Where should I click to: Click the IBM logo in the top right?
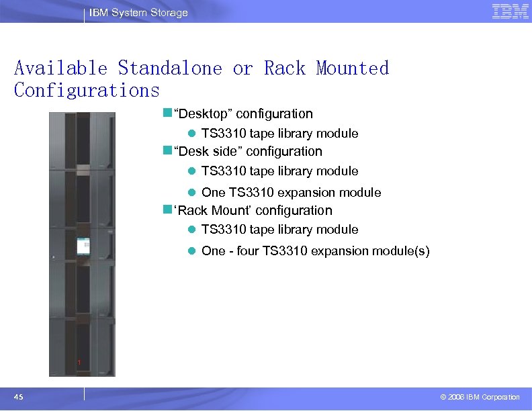coord(510,11)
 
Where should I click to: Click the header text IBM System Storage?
coord(139,13)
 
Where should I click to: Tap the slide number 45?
coord(19,398)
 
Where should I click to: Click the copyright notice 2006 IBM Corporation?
coord(480,398)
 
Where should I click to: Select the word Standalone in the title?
coord(170,68)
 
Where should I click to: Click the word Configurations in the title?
coord(87,90)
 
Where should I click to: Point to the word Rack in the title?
coord(285,68)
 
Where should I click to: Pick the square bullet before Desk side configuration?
coord(167,151)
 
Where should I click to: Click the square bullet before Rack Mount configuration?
coord(167,210)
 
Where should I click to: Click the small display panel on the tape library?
coord(84,245)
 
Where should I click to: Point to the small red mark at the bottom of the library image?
coord(79,363)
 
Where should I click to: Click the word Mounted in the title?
coord(352,68)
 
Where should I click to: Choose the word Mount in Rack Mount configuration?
coord(229,211)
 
